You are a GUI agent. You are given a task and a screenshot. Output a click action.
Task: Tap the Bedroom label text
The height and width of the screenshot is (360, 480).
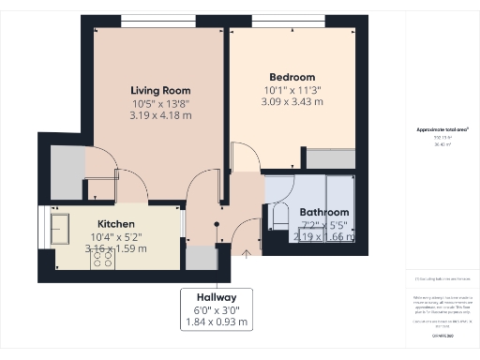pyautogui.click(x=292, y=77)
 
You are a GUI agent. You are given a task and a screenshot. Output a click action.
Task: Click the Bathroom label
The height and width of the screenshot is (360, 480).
pyautogui.click(x=323, y=213)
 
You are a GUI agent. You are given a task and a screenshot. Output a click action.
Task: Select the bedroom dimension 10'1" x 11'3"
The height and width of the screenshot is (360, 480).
pyautogui.click(x=292, y=90)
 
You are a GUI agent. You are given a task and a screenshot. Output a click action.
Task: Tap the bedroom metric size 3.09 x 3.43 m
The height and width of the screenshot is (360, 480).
pyautogui.click(x=292, y=102)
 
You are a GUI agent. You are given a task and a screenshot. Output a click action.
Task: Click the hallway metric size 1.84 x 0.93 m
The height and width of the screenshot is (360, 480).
pyautogui.click(x=217, y=322)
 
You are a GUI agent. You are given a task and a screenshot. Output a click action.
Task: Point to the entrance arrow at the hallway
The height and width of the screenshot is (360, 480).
pyautogui.click(x=247, y=251)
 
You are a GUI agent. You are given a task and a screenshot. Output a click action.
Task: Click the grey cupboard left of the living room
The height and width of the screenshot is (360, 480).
pyautogui.click(x=67, y=172)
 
